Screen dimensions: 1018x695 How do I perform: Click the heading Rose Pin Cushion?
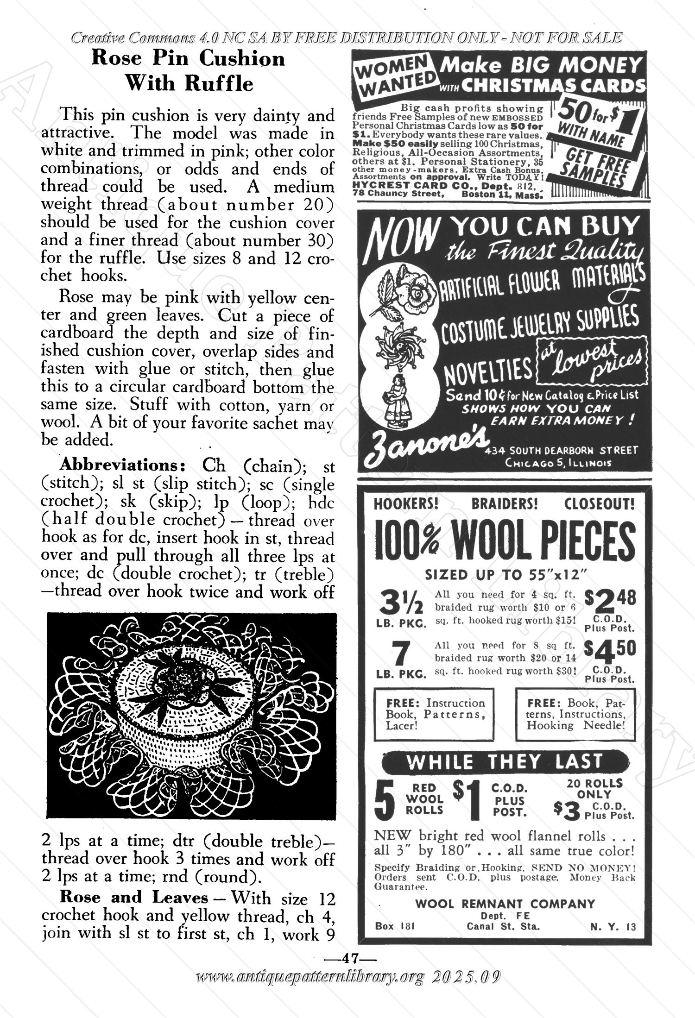click(x=189, y=59)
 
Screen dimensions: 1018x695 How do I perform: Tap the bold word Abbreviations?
click(x=123, y=464)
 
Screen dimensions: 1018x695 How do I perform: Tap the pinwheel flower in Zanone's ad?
click(x=399, y=345)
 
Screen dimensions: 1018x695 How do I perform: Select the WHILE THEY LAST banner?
click(x=505, y=761)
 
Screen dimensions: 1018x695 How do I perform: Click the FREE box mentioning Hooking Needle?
click(x=575, y=714)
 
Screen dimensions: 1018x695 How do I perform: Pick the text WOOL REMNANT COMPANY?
click(x=505, y=904)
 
